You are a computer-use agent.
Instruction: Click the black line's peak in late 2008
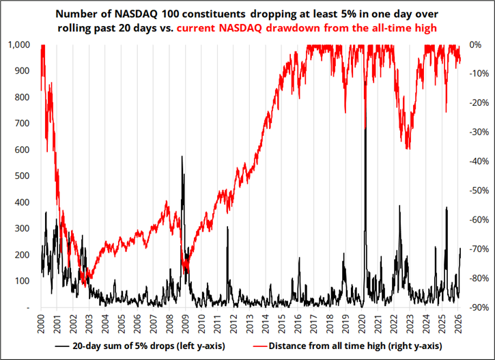(182, 157)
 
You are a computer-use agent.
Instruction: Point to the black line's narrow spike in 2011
(227, 228)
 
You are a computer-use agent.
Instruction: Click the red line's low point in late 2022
(408, 148)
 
